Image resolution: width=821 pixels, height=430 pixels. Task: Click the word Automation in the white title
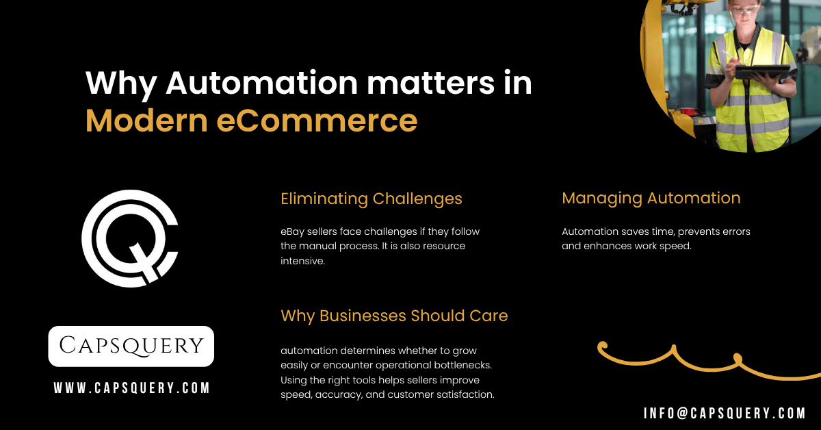[261, 84]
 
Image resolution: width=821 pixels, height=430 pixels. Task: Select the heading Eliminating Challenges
[372, 199]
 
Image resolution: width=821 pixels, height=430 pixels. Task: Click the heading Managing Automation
[651, 198]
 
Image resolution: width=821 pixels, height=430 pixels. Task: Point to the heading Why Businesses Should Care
[394, 316]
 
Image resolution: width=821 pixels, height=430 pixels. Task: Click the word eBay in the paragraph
[294, 231]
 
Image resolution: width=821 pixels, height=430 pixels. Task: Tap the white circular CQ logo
[130, 238]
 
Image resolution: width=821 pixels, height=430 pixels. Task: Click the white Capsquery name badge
[131, 346]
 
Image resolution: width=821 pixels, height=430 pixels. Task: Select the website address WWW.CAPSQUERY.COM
[131, 388]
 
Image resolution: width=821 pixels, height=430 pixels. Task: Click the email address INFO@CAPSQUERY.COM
[725, 413]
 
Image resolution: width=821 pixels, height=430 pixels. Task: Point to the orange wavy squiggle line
[705, 359]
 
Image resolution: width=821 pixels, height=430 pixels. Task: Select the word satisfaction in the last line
[463, 394]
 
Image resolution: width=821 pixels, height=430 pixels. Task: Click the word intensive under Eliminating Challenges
[302, 261]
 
